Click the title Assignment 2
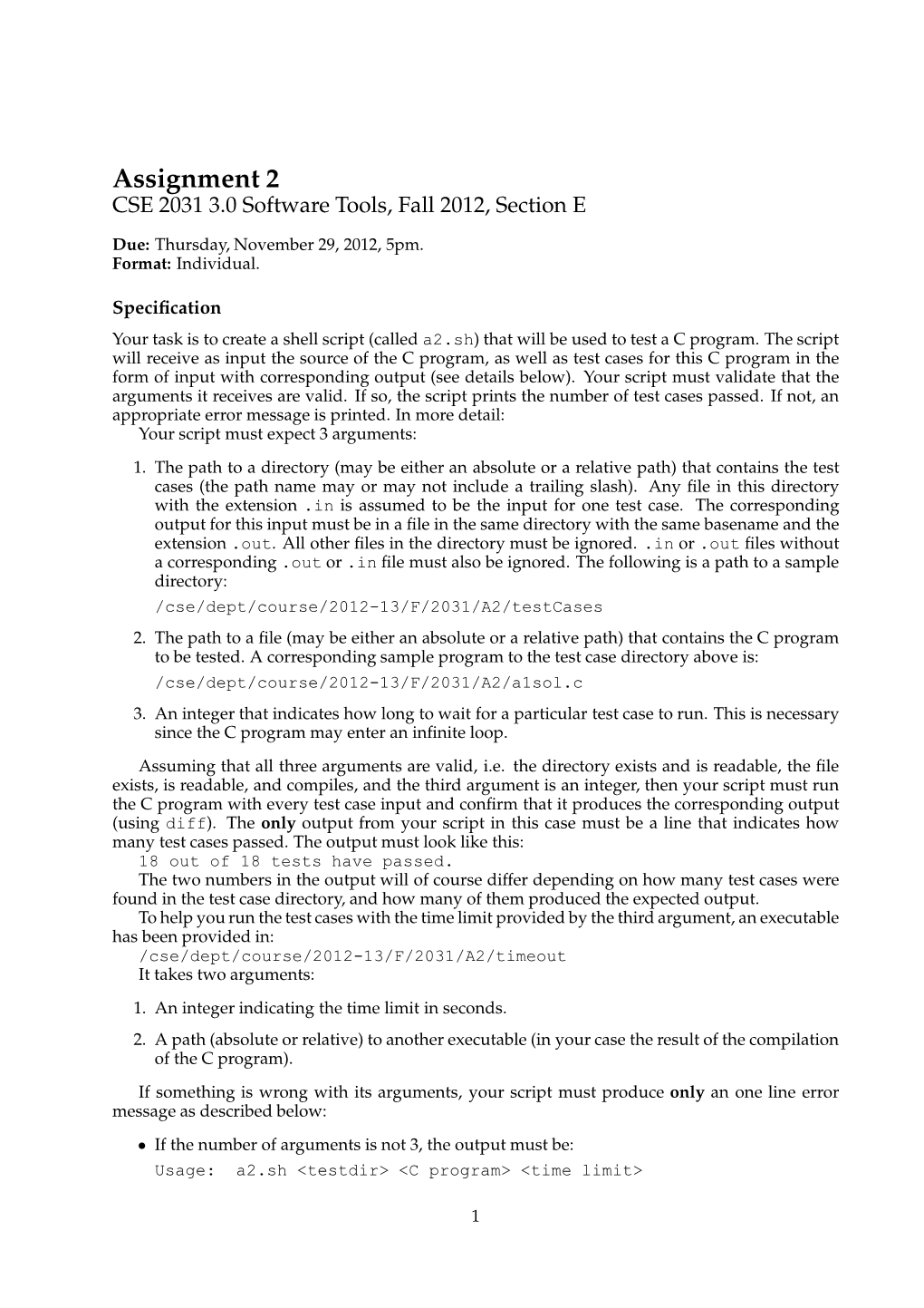(196, 176)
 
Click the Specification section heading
(167, 308)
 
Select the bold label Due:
(131, 246)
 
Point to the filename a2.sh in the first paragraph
(448, 341)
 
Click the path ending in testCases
(378, 607)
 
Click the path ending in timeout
(351, 956)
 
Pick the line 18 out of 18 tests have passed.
(295, 861)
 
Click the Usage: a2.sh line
(398, 1170)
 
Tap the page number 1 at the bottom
(475, 1216)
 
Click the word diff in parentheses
(187, 824)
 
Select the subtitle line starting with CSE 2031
(349, 206)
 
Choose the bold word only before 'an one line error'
(687, 1092)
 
